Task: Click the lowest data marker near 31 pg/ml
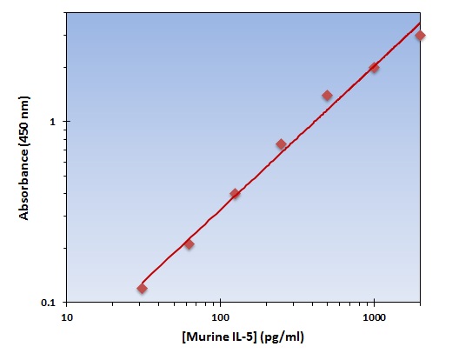pos(142,288)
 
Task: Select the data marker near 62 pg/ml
pos(189,243)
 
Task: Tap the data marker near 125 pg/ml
pos(235,193)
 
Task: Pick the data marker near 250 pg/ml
pos(281,143)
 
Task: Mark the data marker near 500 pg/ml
pos(327,95)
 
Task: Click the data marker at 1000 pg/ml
pos(374,67)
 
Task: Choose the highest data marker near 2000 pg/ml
pos(420,36)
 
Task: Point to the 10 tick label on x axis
pos(67,319)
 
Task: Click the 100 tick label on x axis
pos(221,319)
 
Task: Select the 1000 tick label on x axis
pos(374,319)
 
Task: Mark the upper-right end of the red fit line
pos(421,23)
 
